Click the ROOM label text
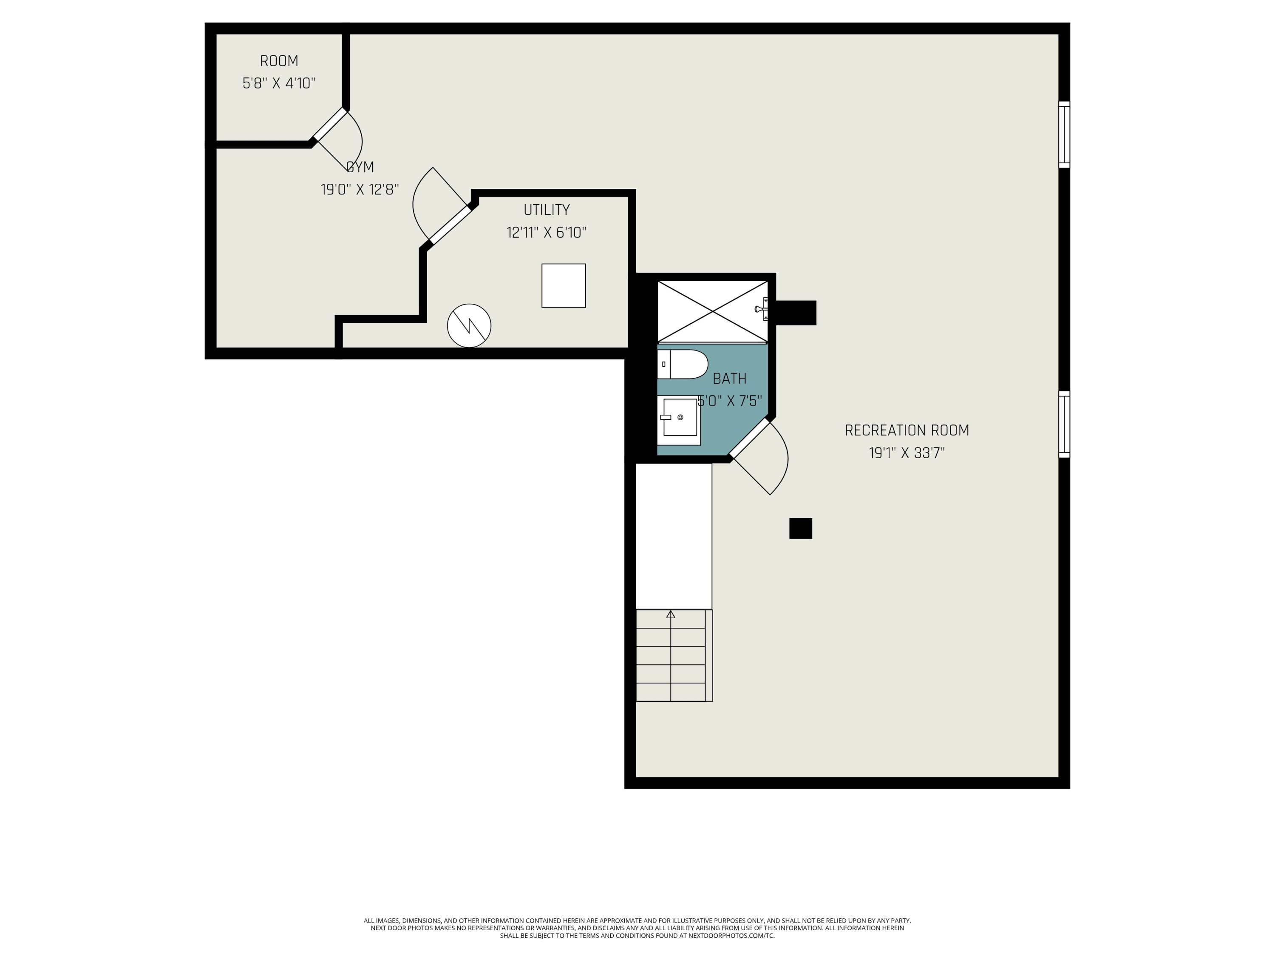279,61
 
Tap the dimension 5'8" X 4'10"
279,84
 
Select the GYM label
360,167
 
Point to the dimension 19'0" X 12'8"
360,189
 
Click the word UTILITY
547,210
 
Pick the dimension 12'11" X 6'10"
547,233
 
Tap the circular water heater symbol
469,325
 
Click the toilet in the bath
683,364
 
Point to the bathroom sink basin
680,417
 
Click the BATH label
729,379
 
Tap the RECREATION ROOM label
906,430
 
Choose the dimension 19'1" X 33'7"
906,453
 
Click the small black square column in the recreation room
800,528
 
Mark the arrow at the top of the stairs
670,615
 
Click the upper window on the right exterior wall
1064,135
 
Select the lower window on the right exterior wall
1064,424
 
